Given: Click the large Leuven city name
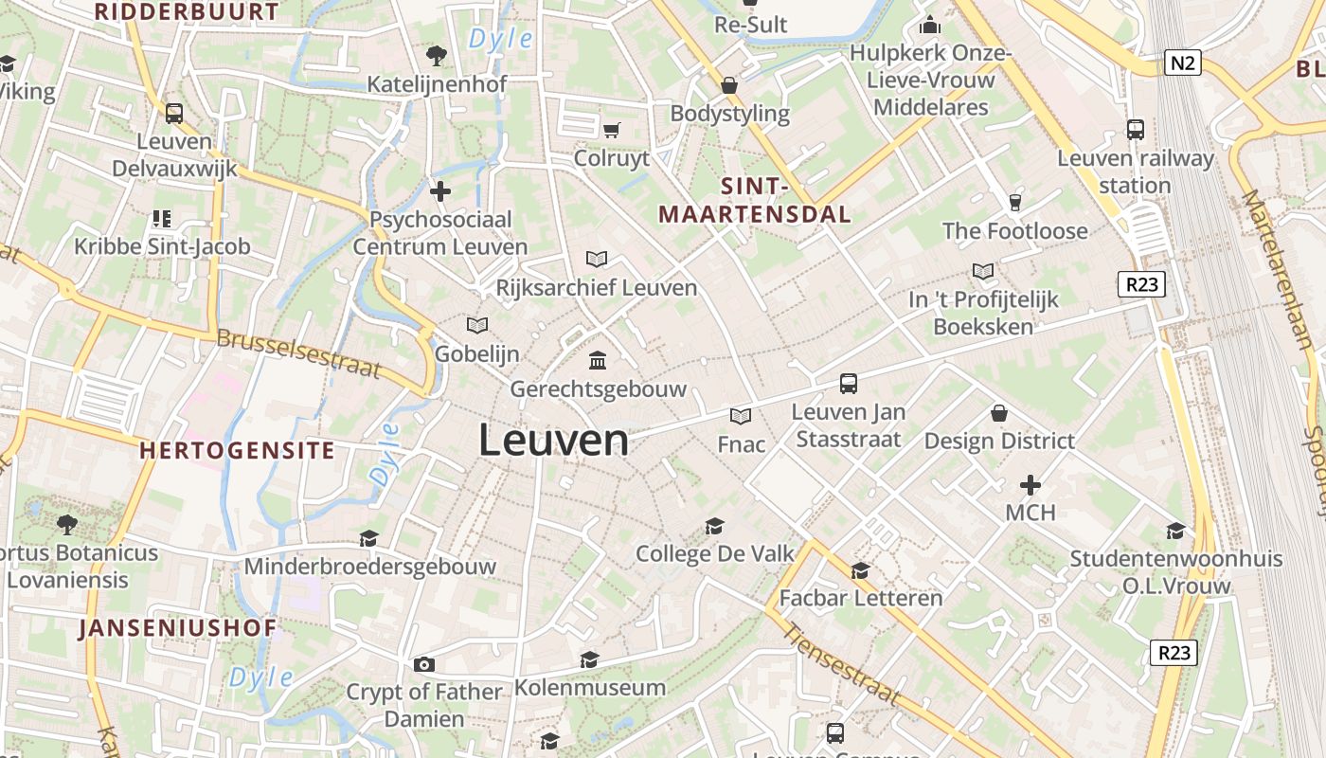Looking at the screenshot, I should click(x=553, y=441).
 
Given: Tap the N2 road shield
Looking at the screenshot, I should click(x=1183, y=63).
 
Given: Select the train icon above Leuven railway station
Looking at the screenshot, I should click(x=1135, y=130).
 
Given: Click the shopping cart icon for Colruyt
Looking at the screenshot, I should click(x=611, y=130).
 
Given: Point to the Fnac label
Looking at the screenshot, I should click(x=741, y=443).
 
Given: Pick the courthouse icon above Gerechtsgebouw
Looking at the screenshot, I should click(x=598, y=361).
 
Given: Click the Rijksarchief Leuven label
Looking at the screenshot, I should click(x=597, y=287).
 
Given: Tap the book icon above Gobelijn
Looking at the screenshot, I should click(x=477, y=326).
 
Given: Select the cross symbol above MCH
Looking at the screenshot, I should click(x=1030, y=486).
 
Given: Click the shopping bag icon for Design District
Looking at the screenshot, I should click(x=999, y=413).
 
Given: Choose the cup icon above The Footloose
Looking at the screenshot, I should click(x=1015, y=202).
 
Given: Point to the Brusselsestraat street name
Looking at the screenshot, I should click(x=298, y=353).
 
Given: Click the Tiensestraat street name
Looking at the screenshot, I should click(x=840, y=667).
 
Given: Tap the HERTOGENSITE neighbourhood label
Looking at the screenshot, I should click(x=238, y=450).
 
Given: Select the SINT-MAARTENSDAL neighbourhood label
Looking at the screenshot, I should click(x=755, y=200).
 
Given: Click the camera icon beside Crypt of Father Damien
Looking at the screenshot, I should click(x=423, y=664).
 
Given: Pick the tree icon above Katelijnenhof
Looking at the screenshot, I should click(x=437, y=56).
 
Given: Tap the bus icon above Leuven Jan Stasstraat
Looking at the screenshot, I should click(x=849, y=384).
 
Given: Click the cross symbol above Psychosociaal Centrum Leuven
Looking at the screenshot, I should click(x=440, y=191).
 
